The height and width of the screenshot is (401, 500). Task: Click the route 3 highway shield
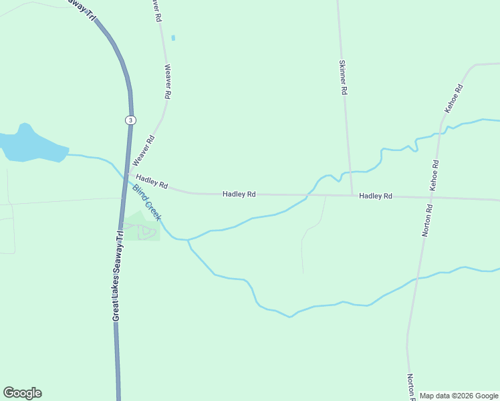[x=130, y=120]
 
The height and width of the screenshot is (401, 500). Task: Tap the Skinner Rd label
[x=344, y=77]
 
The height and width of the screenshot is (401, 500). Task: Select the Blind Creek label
[x=146, y=203]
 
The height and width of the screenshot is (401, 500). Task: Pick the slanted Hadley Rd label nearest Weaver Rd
[x=152, y=181]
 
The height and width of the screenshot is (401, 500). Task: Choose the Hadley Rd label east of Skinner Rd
[x=375, y=196]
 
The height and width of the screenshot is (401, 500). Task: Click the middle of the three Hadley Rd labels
[x=239, y=194]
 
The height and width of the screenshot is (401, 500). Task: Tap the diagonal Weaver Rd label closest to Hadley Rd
[x=144, y=150]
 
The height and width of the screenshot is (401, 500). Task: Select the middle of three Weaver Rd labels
[x=168, y=82]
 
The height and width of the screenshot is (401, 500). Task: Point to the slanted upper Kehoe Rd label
[x=454, y=98]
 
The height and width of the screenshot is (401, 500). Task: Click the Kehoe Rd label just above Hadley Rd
[x=434, y=176]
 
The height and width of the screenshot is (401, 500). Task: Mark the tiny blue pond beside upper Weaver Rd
[x=173, y=38]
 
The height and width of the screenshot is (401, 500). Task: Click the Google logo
[x=22, y=393]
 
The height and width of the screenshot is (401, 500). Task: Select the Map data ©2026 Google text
[x=459, y=396]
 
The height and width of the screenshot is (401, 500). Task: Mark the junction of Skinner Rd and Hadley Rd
[x=352, y=196]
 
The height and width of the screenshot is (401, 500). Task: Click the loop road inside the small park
[x=148, y=232]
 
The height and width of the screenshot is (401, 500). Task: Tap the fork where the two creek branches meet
[x=189, y=240]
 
